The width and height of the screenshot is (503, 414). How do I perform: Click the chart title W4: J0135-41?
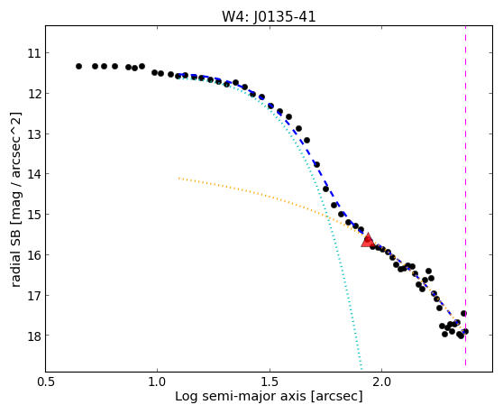click(269, 17)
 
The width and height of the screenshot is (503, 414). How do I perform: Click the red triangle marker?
click(368, 241)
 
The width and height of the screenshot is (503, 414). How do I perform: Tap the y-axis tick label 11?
click(34, 53)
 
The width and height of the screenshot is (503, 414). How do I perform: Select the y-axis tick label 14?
click(34, 174)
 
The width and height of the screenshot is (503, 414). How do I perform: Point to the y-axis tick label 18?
click(34, 336)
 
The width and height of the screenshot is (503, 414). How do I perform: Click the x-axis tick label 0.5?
click(46, 382)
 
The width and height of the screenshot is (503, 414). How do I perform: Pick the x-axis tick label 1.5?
click(270, 382)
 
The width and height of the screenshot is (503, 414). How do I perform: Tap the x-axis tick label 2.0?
click(381, 382)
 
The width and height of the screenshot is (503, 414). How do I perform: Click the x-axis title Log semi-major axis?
click(241, 397)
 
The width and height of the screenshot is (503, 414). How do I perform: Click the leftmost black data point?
click(79, 67)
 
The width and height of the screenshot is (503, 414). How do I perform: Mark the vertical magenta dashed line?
click(465, 196)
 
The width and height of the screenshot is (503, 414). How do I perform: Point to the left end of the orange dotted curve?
click(179, 178)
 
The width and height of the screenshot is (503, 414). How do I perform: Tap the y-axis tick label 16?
click(34, 255)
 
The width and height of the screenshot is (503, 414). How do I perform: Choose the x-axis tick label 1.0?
click(157, 382)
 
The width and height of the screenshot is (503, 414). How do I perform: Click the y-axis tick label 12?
click(34, 94)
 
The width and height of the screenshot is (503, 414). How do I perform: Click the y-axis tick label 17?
click(34, 295)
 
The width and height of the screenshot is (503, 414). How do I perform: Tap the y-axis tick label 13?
click(34, 133)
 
